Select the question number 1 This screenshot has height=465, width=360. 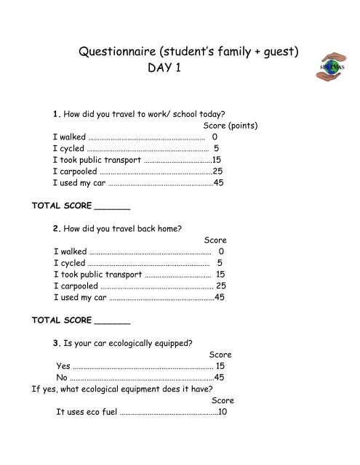56,113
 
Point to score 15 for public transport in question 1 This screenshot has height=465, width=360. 216,159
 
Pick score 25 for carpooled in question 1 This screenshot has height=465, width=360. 217,171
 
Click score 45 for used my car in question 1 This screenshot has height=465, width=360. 218,183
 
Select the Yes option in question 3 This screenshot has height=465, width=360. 63,365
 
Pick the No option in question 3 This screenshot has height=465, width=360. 62,378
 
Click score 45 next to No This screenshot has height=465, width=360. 219,378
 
